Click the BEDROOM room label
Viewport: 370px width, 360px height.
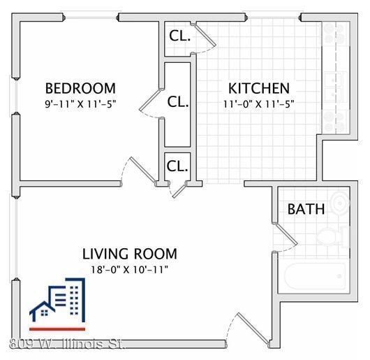[x=80, y=89]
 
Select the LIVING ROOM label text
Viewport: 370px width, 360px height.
[x=130, y=254]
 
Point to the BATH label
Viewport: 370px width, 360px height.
[x=306, y=209]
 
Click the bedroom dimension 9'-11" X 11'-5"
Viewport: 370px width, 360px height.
[x=80, y=103]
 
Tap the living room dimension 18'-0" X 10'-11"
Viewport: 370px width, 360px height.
[x=130, y=268]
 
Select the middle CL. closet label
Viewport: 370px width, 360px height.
[x=178, y=101]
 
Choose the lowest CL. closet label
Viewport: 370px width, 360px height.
[x=177, y=166]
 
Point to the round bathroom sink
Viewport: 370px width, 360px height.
[x=340, y=203]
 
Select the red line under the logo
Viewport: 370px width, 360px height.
[x=57, y=328]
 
